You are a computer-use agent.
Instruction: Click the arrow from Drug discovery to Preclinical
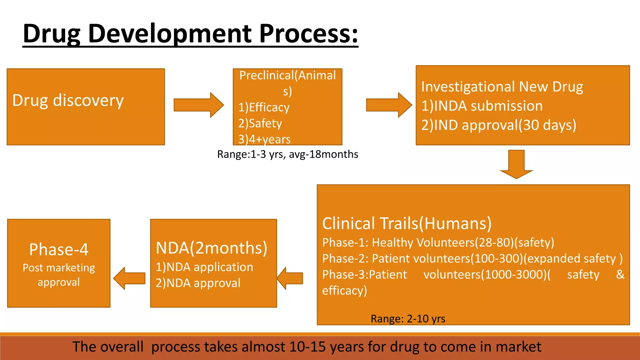199,105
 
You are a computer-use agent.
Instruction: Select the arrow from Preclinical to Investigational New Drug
389,105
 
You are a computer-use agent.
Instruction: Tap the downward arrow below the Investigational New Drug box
516,164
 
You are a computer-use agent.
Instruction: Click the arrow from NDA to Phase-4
129,278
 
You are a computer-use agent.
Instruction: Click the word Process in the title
308,33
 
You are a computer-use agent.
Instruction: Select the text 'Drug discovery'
68,101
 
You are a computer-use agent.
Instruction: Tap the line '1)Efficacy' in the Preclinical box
264,107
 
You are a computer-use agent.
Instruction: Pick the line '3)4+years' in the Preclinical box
264,139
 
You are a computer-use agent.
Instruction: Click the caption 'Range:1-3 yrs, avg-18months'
287,154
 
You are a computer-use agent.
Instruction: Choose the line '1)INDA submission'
482,106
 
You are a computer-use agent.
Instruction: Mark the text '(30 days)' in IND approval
547,125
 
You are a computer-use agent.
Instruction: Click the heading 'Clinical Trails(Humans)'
407,223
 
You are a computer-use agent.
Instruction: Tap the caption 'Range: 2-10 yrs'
408,319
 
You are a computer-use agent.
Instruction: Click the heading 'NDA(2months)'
212,248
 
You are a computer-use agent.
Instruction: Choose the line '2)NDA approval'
198,283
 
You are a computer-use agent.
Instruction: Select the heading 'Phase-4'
59,249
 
